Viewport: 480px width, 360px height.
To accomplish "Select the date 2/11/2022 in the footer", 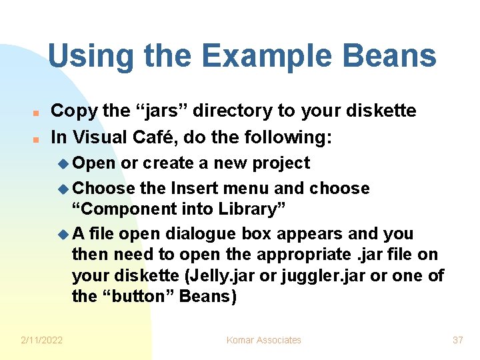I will pyautogui.click(x=41, y=340).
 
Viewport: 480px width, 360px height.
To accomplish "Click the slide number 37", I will pyautogui.click(x=457, y=340).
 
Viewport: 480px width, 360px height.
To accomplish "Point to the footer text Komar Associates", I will pyautogui.click(x=263, y=340).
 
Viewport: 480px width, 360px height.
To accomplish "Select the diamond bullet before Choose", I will pyautogui.click(x=64, y=189).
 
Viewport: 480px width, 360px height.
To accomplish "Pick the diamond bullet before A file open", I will pyautogui.click(x=64, y=235).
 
